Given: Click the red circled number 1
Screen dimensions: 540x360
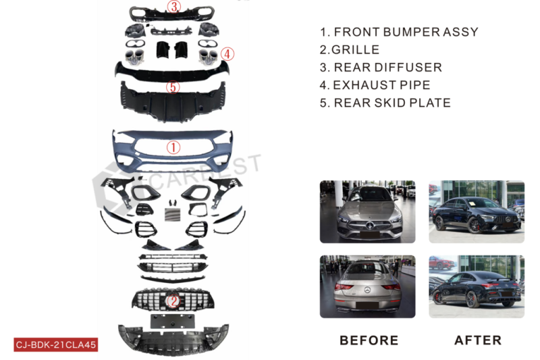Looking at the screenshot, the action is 173,147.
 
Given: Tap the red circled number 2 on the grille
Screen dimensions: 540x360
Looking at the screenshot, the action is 173,301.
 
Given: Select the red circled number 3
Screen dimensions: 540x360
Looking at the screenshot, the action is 174,7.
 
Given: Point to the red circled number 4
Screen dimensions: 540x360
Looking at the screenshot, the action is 227,54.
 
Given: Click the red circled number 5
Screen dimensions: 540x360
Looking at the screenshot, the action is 173,87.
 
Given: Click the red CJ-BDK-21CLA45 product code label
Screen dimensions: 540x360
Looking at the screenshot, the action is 56,344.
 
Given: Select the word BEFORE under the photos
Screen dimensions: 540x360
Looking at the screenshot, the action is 369,340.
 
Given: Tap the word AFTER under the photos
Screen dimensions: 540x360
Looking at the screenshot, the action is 478,340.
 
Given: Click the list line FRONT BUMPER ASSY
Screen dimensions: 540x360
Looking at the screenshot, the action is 399,32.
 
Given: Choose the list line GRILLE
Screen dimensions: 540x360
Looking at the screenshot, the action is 350,49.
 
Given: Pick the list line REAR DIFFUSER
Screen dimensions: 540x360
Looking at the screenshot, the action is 381,67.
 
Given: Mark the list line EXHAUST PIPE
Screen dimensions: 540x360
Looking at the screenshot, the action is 375,85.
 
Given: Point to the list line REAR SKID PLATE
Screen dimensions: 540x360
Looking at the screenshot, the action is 385,103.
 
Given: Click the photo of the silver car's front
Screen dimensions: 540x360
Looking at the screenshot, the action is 367,211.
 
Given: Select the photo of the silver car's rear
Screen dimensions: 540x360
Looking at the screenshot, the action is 367,286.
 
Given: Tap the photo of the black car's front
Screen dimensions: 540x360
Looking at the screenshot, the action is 477,211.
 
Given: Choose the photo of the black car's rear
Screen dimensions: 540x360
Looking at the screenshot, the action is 477,286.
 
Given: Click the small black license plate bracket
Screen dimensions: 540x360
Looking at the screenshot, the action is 172,321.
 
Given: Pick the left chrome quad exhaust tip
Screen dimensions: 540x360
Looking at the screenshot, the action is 134,57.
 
